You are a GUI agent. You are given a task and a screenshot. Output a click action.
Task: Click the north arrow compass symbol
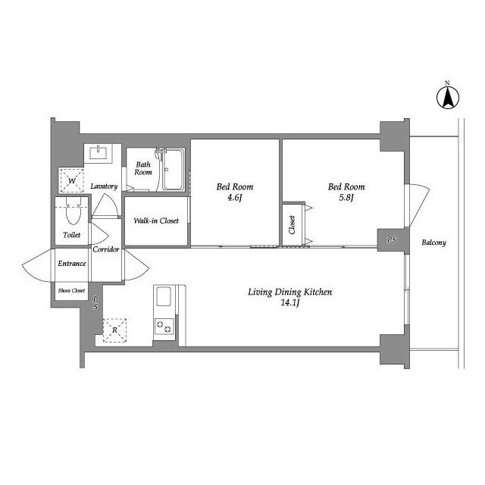coord(448,96)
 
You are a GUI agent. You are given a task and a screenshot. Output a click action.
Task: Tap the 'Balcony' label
coord(433,243)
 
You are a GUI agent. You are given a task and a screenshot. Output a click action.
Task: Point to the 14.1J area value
coord(291,303)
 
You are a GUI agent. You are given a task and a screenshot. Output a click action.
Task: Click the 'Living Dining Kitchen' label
coord(291,292)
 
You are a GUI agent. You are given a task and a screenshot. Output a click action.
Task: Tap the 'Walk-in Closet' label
coord(156,221)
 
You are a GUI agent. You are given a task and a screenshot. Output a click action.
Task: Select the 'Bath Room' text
coord(144,168)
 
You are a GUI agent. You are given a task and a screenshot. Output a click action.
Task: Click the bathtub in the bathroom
coord(174,171)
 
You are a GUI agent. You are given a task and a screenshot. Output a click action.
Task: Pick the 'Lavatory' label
coord(103,186)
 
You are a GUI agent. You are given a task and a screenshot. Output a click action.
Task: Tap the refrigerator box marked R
coord(114,330)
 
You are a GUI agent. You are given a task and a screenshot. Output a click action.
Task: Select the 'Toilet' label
coord(71,236)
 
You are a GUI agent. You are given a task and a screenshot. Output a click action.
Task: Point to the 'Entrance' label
coord(72,264)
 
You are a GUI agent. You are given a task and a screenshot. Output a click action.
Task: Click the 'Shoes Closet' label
coord(71,290)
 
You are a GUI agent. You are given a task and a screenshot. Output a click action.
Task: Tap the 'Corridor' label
coord(106,249)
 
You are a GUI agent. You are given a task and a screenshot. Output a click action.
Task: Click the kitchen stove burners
coord(164,326)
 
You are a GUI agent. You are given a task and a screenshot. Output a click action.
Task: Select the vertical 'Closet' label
coord(292,225)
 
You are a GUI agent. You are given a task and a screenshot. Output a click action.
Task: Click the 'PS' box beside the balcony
coord(391,239)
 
